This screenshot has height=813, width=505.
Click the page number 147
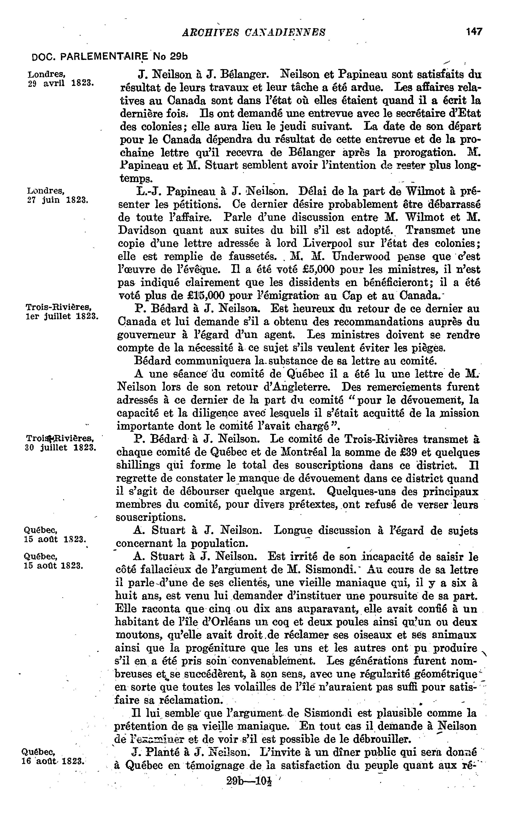tap(474, 32)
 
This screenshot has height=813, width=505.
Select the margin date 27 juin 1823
tap(57, 200)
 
